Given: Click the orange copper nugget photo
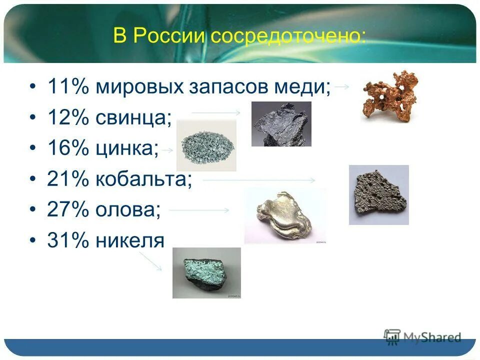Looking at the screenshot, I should [x=389, y=95].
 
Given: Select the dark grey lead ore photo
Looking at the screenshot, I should [x=281, y=124].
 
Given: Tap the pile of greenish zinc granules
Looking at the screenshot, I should [x=206, y=145].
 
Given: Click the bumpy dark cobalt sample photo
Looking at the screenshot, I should [x=378, y=194].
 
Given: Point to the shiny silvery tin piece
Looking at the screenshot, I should [x=284, y=216].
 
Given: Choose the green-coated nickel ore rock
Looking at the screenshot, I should [x=206, y=273].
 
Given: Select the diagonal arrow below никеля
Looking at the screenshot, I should [x=150, y=260].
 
